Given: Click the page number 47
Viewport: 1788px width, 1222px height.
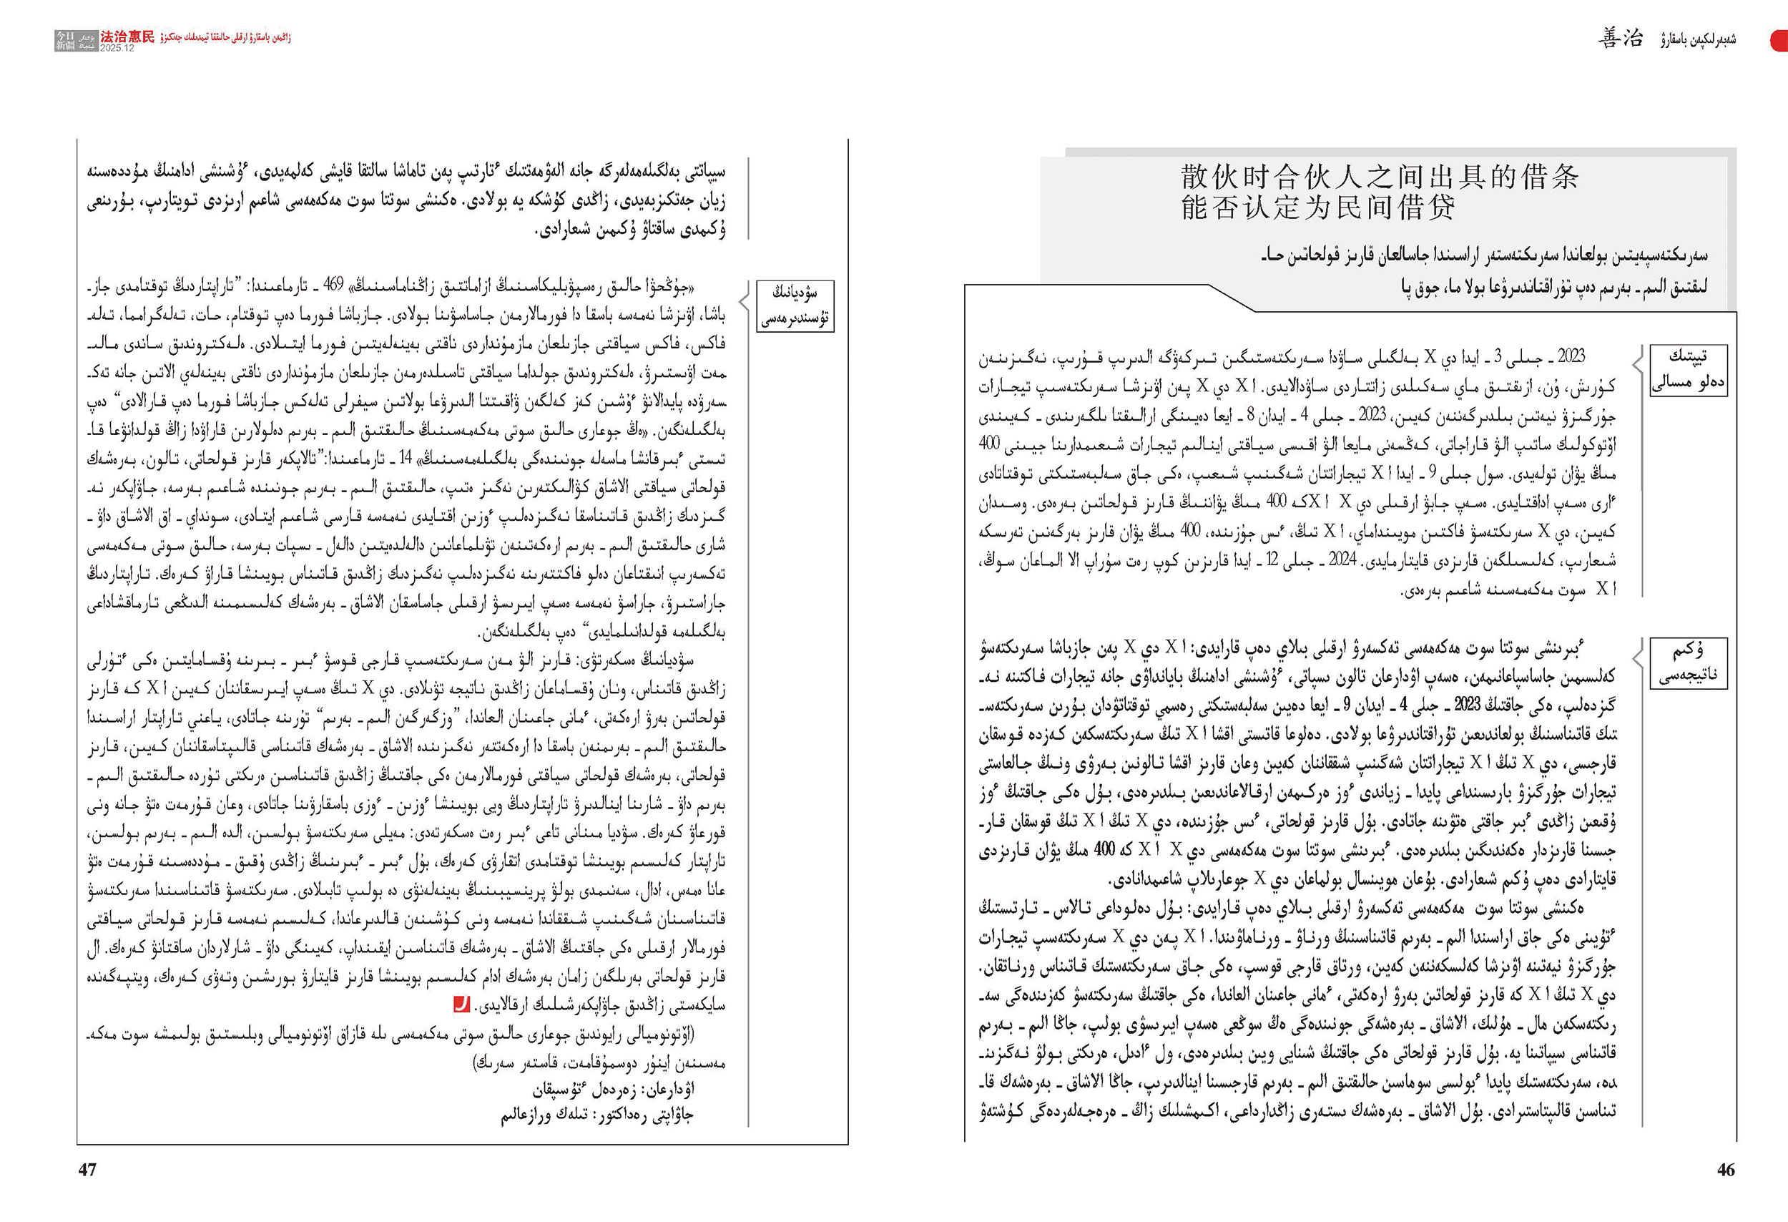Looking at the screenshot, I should tap(88, 1170).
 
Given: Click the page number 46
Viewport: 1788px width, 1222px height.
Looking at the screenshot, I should tap(1726, 1170).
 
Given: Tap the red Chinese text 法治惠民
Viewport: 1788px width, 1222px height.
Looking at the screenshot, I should tap(127, 36).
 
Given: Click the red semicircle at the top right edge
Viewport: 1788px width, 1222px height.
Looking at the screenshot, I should tap(1779, 40).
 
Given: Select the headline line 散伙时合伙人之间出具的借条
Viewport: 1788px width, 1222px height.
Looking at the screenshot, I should tap(1380, 177).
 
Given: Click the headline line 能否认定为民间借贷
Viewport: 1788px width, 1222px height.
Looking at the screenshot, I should tap(1318, 207).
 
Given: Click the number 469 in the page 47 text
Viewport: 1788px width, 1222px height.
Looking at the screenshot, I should tap(333, 285).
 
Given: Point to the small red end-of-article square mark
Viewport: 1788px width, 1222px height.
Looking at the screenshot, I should tap(461, 1005).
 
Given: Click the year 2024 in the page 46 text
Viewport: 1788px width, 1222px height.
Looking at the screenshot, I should tap(1342, 559).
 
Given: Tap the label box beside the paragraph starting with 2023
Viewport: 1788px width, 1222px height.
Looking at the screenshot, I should tap(1688, 369).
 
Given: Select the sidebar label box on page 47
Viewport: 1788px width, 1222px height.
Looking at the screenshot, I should tap(795, 305).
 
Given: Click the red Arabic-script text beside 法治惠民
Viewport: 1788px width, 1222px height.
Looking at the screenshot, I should tap(225, 38).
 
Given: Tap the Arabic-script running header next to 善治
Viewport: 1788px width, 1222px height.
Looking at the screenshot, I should tap(1697, 39).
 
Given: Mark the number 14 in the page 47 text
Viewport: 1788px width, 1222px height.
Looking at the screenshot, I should tap(406, 458).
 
